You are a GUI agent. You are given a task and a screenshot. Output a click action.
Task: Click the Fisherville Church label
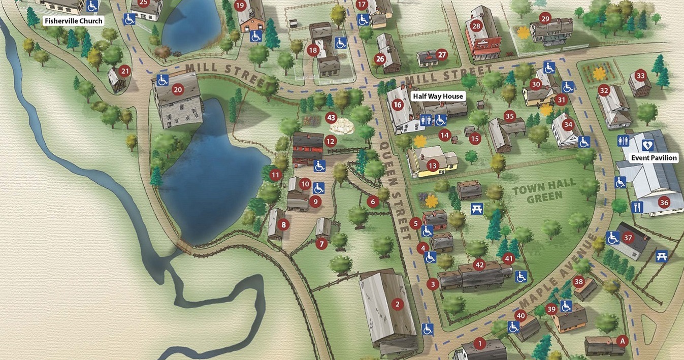[x=74, y=21]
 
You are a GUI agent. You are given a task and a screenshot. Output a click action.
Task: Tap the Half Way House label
[x=438, y=96]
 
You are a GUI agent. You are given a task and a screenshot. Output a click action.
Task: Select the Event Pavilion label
[x=654, y=158]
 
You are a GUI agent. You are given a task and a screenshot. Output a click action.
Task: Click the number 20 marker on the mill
[x=178, y=90]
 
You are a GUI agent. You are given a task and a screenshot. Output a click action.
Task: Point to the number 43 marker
[x=332, y=118]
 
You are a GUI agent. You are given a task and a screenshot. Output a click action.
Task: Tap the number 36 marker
[x=664, y=203]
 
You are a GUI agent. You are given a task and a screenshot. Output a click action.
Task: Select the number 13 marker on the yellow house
[x=433, y=166]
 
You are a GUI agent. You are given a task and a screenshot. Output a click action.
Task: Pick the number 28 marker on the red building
[x=476, y=26]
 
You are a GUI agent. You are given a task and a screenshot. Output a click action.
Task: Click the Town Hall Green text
[x=544, y=189]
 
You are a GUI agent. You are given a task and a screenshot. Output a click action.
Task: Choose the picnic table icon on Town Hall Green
[x=476, y=208]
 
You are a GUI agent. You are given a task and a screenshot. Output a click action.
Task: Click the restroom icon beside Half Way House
[x=426, y=120]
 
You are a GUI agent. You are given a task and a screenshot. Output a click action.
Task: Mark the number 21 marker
[x=125, y=71]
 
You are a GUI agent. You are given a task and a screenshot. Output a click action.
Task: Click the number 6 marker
[x=373, y=202]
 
